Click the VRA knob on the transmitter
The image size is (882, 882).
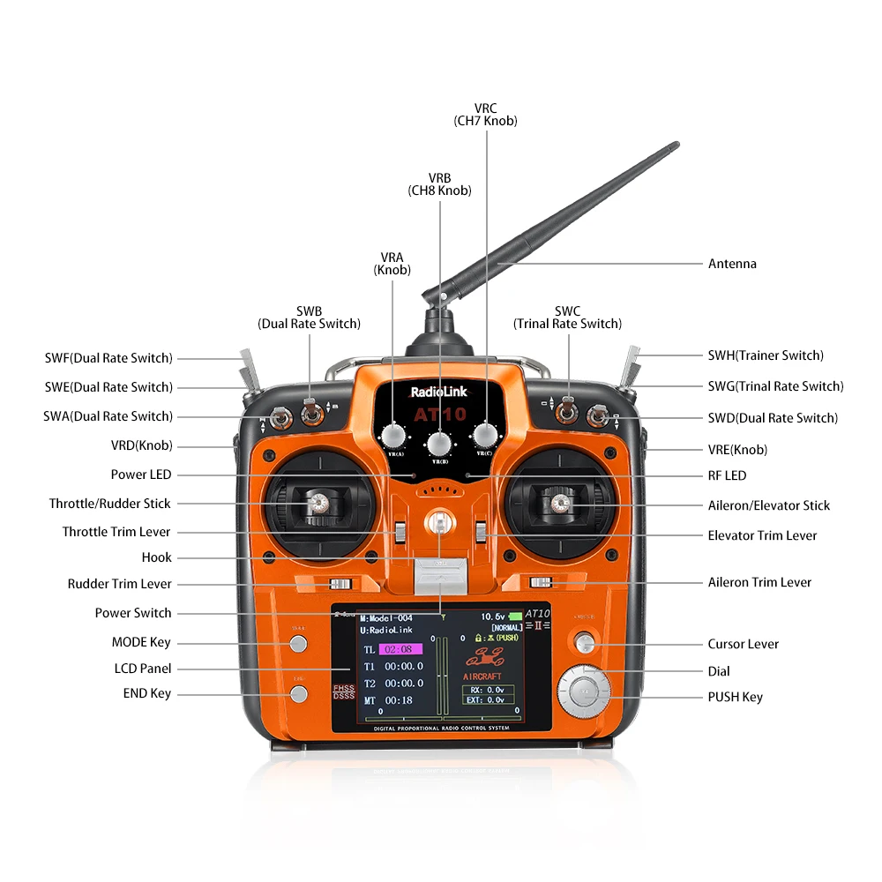click(393, 435)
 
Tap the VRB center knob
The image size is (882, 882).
click(439, 443)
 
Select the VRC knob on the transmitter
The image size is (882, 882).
click(485, 435)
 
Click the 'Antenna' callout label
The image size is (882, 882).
click(732, 264)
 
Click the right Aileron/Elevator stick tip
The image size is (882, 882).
click(557, 504)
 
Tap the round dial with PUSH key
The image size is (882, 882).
click(582, 691)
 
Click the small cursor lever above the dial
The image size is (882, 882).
click(583, 642)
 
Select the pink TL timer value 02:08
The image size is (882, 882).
click(398, 649)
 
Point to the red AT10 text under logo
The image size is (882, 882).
click(438, 414)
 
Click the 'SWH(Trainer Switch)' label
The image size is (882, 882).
click(766, 355)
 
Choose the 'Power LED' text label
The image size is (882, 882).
click(141, 475)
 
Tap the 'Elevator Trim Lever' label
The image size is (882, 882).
click(762, 535)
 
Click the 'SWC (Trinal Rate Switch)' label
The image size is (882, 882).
click(567, 318)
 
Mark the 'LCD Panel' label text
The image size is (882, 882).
click(143, 669)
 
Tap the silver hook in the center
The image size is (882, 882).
click(438, 524)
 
